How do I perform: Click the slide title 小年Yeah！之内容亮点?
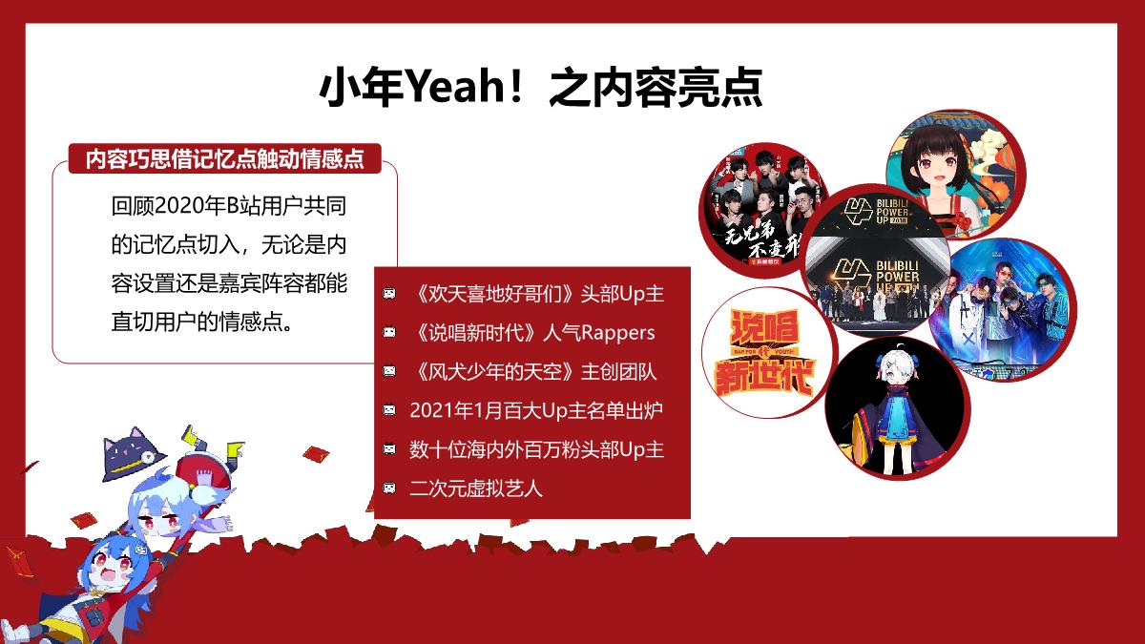point(540,90)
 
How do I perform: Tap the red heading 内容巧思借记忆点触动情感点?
point(224,158)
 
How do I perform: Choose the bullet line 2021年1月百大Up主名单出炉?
point(535,410)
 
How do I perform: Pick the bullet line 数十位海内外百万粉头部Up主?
point(536,449)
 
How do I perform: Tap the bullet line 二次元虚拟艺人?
point(475,488)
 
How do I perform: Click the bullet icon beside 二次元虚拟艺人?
point(389,488)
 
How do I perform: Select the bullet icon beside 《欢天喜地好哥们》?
point(389,294)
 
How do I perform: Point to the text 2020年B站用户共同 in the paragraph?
point(239,206)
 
